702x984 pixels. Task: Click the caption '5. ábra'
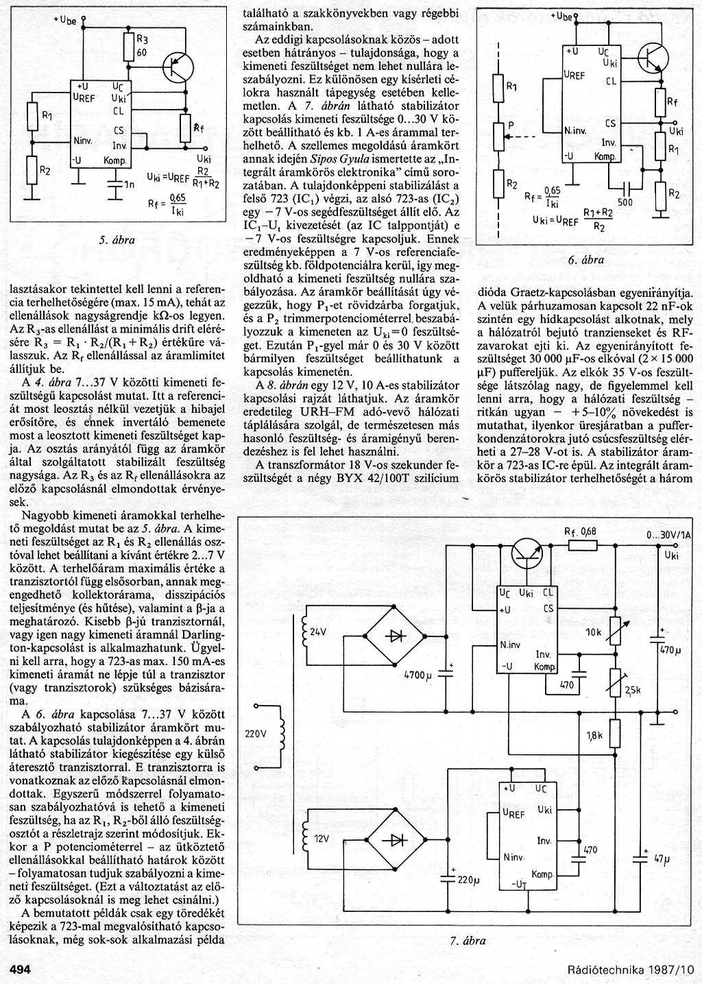point(117,240)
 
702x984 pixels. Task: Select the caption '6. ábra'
point(585,260)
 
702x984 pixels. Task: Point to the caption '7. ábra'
point(468,940)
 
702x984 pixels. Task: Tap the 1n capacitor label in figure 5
point(127,184)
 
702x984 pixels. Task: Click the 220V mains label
point(254,733)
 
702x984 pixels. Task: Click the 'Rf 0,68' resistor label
point(580,531)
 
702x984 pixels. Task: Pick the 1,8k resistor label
point(594,735)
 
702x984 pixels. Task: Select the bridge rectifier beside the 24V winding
point(396,634)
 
